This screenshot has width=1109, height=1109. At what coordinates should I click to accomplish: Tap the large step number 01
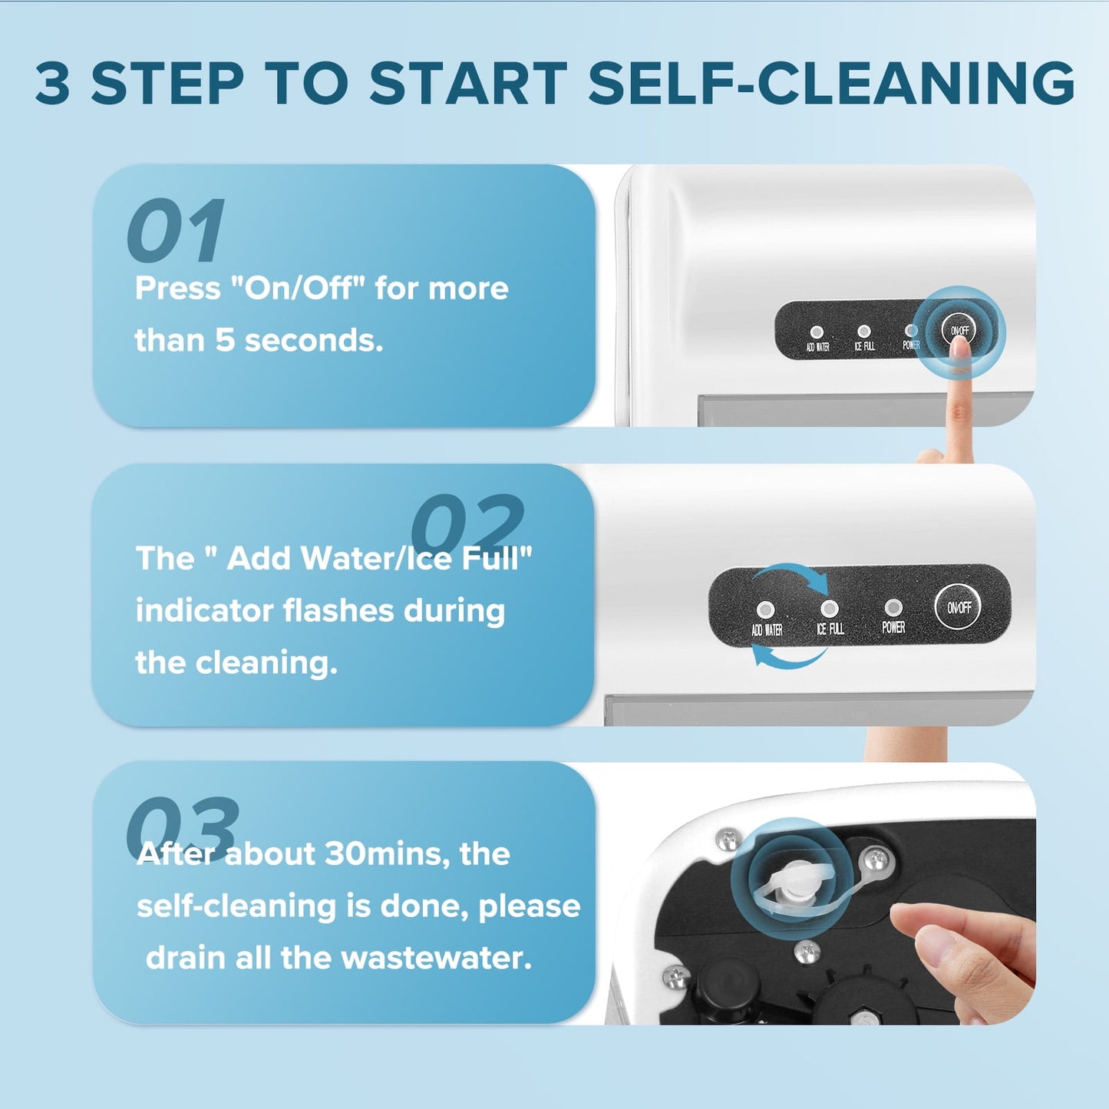(x=176, y=230)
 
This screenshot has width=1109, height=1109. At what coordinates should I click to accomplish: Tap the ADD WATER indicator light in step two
(x=765, y=609)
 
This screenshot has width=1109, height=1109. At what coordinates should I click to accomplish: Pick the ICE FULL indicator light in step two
(x=830, y=609)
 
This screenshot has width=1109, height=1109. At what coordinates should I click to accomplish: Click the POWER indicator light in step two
(x=893, y=607)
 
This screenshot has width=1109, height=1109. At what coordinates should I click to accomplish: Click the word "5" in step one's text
(x=226, y=340)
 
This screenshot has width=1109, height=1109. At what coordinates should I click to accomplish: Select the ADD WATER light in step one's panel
(x=817, y=332)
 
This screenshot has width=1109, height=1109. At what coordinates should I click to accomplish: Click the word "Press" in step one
(x=178, y=288)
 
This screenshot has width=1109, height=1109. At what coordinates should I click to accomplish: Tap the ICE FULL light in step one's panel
(x=864, y=331)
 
